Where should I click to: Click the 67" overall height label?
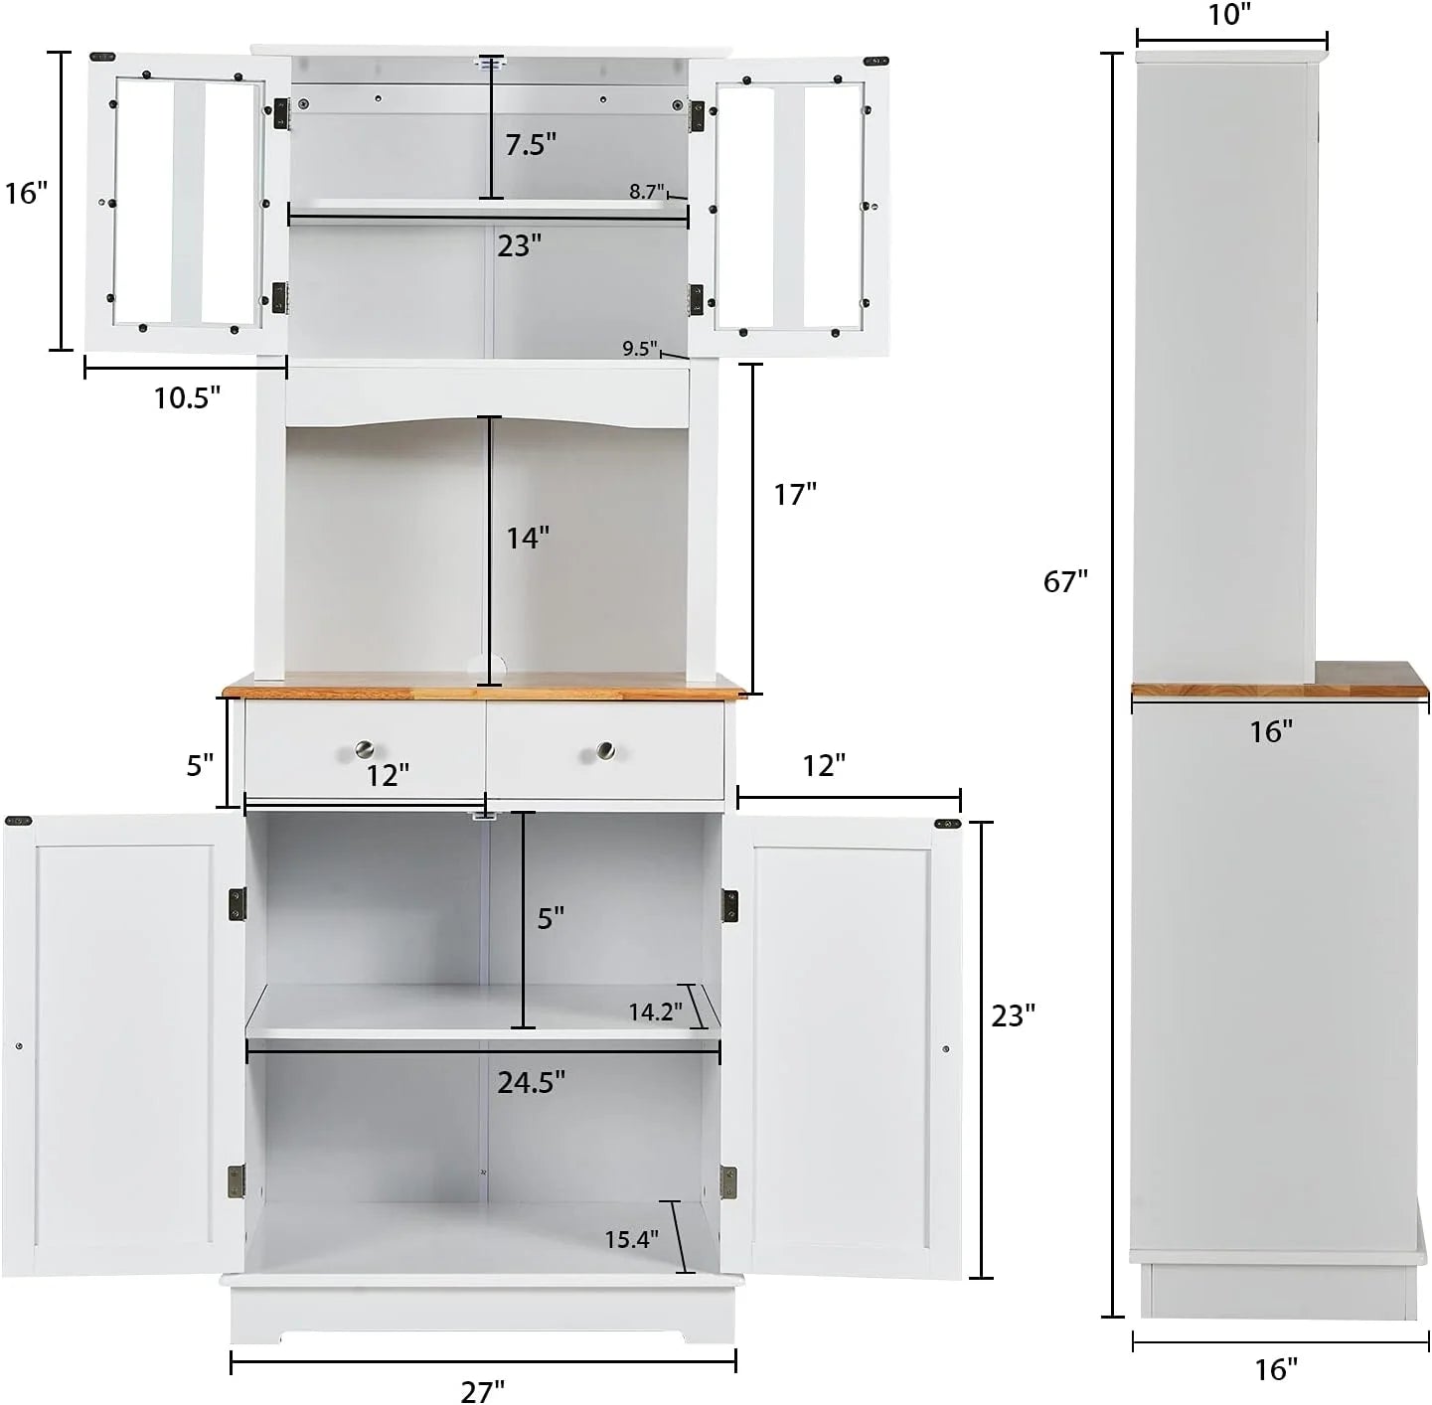click(x=1065, y=580)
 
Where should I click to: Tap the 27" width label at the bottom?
click(x=483, y=1391)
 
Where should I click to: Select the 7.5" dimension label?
click(x=530, y=144)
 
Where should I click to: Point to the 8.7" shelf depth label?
click(x=647, y=192)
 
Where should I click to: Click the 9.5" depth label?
click(x=640, y=349)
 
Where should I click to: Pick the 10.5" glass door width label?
click(x=187, y=397)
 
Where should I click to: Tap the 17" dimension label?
click(x=795, y=494)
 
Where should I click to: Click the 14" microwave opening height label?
click(x=528, y=538)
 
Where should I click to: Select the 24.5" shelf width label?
click(x=532, y=1081)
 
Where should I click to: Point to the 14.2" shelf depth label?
click(x=655, y=1012)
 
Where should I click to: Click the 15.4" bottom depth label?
click(x=632, y=1239)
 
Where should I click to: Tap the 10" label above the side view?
click(x=1230, y=15)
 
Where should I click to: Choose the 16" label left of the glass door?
click(x=27, y=193)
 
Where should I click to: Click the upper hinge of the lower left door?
click(x=238, y=904)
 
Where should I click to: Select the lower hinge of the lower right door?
click(x=728, y=1181)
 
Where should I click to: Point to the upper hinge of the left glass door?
click(x=280, y=113)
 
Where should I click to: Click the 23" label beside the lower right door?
click(x=1014, y=1015)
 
